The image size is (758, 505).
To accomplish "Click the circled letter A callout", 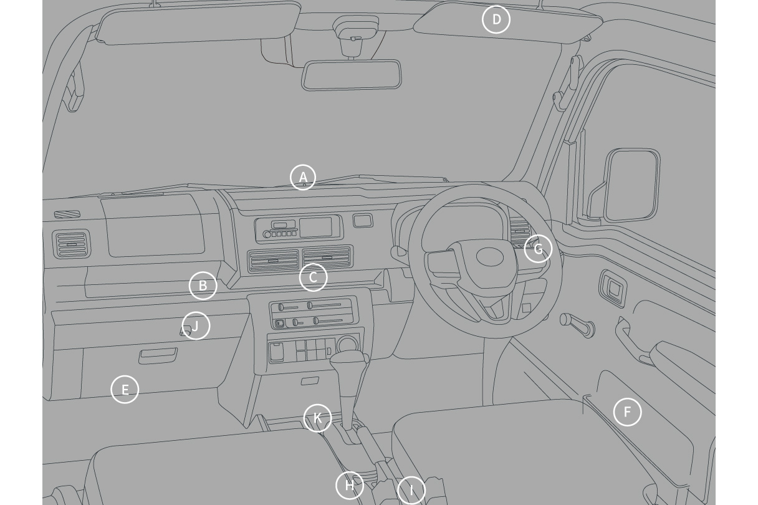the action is click(x=303, y=177).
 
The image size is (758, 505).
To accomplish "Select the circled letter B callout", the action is click(x=203, y=286).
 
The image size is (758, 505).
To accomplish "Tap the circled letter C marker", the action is click(x=313, y=277).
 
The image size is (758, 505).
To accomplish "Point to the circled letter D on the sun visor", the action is click(x=496, y=19).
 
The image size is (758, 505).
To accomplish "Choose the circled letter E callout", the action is click(x=125, y=389).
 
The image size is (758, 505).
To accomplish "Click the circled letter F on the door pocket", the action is click(x=627, y=412).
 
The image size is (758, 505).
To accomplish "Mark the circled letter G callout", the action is click(x=538, y=249).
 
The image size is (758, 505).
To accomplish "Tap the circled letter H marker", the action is click(x=350, y=485).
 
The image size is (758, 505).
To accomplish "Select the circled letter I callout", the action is click(x=411, y=490).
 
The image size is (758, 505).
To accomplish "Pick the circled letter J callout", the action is click(x=196, y=325).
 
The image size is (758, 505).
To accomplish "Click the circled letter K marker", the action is click(x=317, y=418).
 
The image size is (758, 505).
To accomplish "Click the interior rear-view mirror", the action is click(x=351, y=75).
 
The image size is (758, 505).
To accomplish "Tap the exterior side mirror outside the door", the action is click(x=632, y=185).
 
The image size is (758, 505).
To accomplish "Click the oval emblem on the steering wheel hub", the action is click(x=490, y=257).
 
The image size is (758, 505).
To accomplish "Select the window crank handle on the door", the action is click(x=577, y=325).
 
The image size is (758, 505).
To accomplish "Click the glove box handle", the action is click(x=158, y=356).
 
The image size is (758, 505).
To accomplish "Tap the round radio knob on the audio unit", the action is click(x=267, y=234).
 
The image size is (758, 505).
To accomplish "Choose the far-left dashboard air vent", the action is click(x=72, y=244).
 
